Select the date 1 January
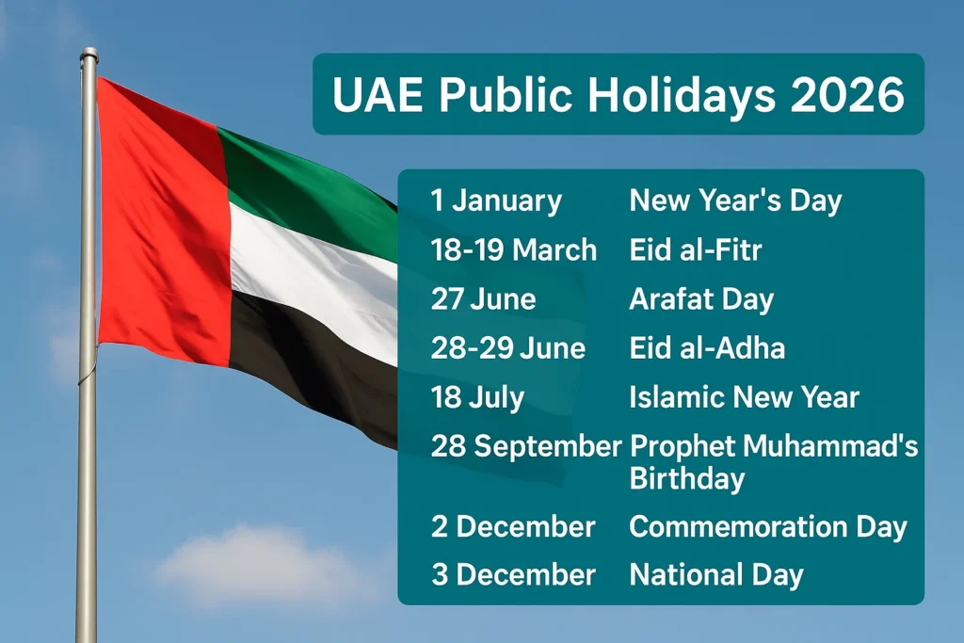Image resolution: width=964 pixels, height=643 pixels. (496, 201)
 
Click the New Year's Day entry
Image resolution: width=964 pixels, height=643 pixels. (735, 201)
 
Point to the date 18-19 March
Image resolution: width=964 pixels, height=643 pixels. (514, 250)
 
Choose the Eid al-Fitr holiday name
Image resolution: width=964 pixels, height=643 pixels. (696, 250)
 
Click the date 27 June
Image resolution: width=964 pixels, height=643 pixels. (483, 299)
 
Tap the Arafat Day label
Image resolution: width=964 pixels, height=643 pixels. (701, 299)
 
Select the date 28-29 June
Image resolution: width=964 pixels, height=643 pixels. (508, 348)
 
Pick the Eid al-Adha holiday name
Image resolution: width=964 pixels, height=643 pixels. (707, 348)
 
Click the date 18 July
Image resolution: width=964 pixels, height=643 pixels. (477, 397)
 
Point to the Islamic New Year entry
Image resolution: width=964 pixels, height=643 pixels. (744, 397)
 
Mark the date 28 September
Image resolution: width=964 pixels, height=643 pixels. (526, 446)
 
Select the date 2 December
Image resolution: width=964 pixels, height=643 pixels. (513, 526)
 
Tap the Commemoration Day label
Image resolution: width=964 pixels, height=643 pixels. (768, 526)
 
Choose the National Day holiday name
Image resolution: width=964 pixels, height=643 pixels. (716, 574)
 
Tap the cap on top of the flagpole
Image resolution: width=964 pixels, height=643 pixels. (88, 54)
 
